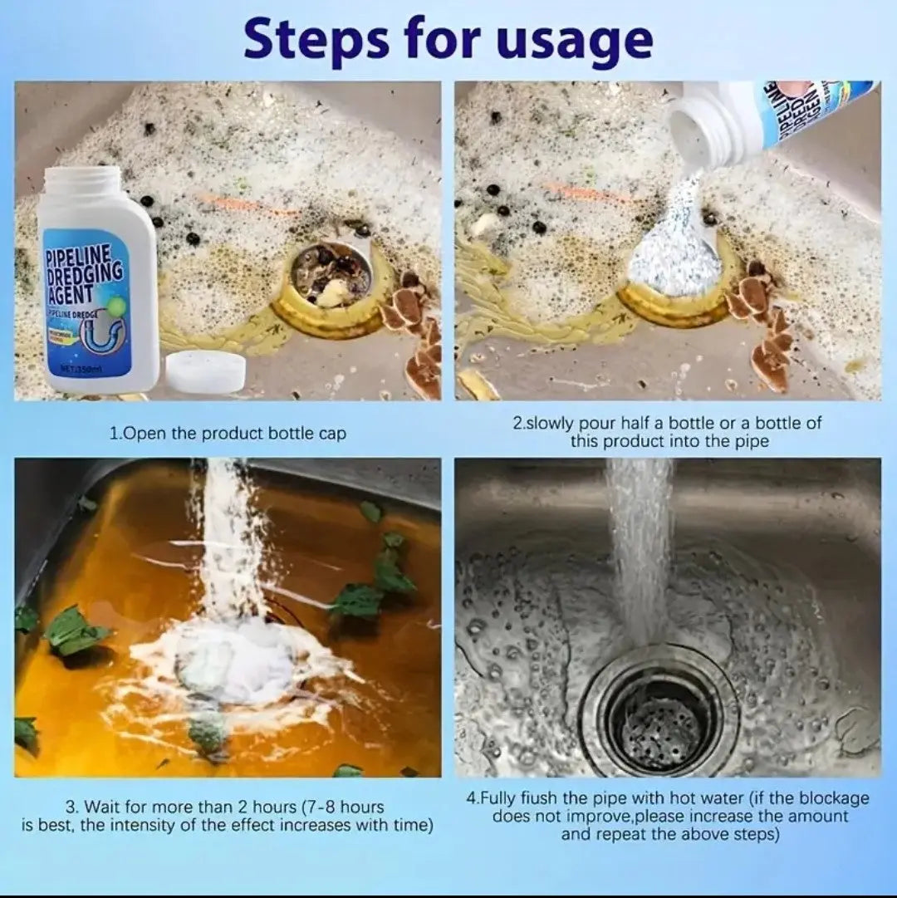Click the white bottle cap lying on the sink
pos(205,371)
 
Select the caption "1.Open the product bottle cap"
pos(228,433)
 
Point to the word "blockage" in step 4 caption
pos(830,798)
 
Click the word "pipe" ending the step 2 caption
pos(751,441)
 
